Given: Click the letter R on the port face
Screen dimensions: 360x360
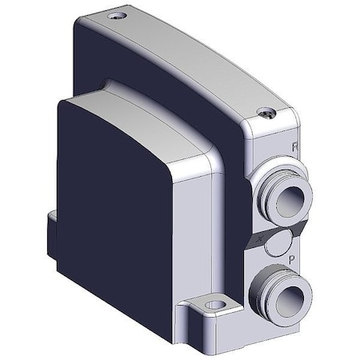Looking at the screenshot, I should [x=295, y=146].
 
